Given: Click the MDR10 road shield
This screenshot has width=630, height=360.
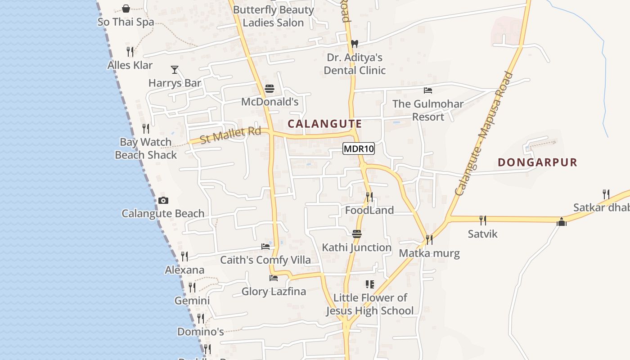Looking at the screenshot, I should pos(359,148).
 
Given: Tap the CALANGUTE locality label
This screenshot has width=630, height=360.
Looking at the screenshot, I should pos(324,124).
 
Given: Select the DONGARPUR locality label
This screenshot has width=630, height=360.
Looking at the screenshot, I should pos(537,162).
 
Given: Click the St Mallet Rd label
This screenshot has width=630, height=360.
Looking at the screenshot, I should pos(230,135).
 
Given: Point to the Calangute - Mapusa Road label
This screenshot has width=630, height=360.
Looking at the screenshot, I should pos(484,134).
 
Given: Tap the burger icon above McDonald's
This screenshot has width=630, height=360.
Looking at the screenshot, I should pos(270,89).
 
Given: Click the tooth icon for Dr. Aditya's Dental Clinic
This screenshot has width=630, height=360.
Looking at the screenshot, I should pos(355,44).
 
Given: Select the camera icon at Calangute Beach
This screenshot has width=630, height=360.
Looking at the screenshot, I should pos(163,201).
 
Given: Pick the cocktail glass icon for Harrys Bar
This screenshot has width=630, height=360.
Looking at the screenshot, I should pos(175,69).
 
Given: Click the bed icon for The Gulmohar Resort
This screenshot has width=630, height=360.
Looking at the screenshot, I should pos(428,90).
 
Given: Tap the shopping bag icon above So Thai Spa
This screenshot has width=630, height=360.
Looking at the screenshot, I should pos(126,9).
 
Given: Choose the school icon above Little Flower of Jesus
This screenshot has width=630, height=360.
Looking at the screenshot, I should pos(369,284).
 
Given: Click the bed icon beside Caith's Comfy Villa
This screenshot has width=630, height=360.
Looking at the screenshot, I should pos(265,247).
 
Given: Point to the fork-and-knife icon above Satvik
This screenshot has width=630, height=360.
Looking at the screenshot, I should pos(483,220).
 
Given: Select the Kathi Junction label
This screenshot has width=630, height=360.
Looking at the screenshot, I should pos(356,247).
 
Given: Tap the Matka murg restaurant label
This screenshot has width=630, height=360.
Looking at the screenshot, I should pos(429,253).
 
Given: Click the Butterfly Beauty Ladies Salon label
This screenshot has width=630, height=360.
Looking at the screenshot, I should pos(273,16).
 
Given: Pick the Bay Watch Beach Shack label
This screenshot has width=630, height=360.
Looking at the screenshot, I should pos(146,148).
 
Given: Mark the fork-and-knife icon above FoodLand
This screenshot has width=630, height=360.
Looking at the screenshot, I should pos(369,197).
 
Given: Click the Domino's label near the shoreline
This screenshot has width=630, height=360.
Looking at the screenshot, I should pos(200,332).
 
